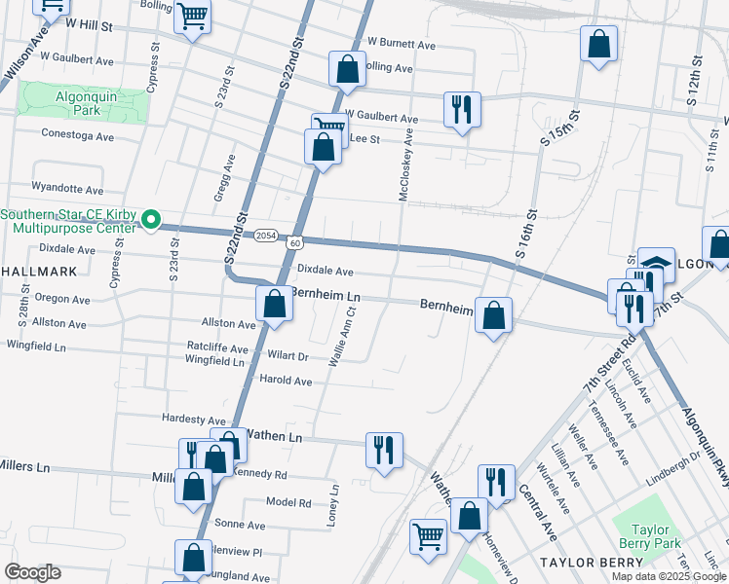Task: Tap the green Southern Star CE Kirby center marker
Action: point(151,221)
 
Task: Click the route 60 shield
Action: point(294,239)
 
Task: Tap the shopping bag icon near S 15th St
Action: point(597,44)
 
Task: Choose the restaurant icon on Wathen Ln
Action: point(383,449)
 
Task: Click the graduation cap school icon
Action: point(656,264)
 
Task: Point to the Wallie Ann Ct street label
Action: point(341,336)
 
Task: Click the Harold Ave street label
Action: point(285,381)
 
